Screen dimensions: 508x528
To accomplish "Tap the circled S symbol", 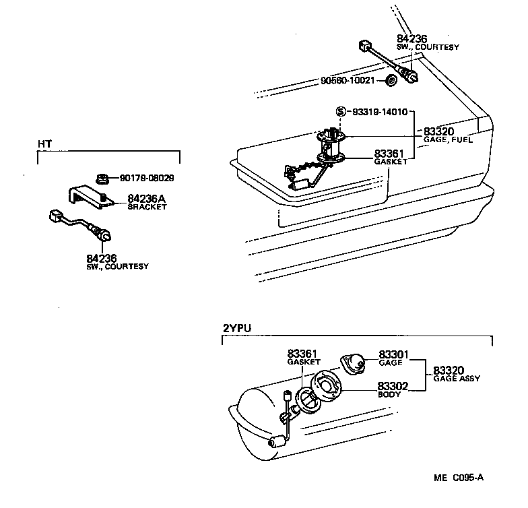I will pyautogui.click(x=341, y=112).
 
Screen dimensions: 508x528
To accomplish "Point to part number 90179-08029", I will pyautogui.click(x=147, y=179).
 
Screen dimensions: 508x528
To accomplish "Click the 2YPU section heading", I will pyautogui.click(x=234, y=328).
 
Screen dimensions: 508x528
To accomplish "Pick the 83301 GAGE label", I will pyautogui.click(x=392, y=358).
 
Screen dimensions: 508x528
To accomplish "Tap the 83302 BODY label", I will pyautogui.click(x=391, y=389).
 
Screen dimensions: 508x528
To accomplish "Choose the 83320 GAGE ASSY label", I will pyautogui.click(x=456, y=374).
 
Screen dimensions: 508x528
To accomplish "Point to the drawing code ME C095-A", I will pyautogui.click(x=458, y=478).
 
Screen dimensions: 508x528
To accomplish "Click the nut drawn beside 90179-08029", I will pyautogui.click(x=103, y=179).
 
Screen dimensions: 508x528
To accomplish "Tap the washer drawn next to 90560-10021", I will pyautogui.click(x=390, y=82).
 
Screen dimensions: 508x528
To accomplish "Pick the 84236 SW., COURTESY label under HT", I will pyautogui.click(x=117, y=261).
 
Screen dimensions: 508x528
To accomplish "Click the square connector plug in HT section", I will pyautogui.click(x=56, y=216).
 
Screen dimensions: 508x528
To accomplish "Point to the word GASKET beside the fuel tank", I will pyautogui.click(x=391, y=162).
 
